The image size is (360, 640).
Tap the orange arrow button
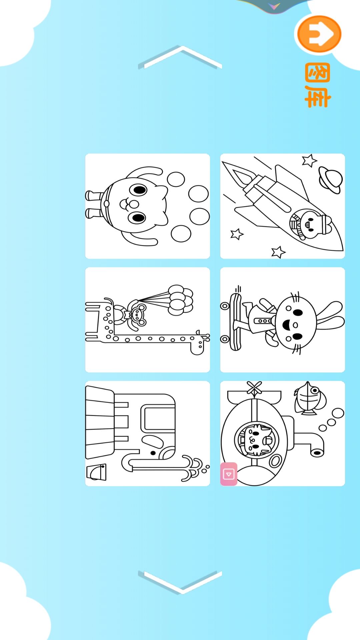coord(319,34)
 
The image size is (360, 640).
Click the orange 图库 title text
coord(318,85)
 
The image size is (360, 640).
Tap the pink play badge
coord(229,474)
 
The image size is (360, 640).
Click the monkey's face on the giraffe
coord(137,314)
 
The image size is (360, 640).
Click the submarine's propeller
coord(254,389)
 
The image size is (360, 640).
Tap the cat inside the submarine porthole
coord(257,440)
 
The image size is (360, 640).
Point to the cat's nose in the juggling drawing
coord(134,204)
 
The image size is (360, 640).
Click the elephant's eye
coord(153,453)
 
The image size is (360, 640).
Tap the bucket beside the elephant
coord(96,472)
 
